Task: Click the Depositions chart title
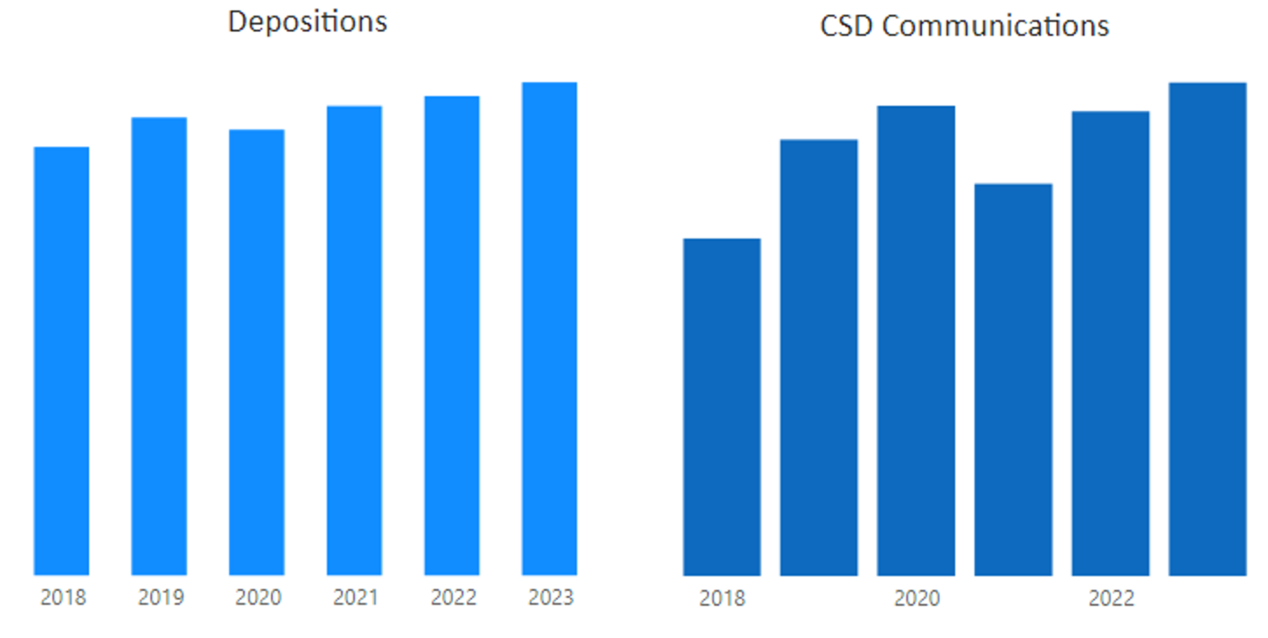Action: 307,21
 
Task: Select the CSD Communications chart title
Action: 964,26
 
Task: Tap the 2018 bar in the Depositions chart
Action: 62,361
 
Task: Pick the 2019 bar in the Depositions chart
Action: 159,346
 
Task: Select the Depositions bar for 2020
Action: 257,352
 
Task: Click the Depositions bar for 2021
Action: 354,340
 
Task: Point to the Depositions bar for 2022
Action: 452,335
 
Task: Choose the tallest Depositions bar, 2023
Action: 549,328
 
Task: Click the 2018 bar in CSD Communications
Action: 722,407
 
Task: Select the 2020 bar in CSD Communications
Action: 916,340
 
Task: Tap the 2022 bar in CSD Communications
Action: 1110,343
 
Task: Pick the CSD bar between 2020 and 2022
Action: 1013,380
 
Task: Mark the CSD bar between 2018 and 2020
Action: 819,357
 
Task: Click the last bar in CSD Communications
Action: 1208,328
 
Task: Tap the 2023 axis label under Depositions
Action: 551,597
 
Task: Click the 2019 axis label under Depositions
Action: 160,597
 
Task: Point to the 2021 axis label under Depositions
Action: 356,597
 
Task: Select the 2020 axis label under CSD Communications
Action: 916,598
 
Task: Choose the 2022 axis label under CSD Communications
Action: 1111,598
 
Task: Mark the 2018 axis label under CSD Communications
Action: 722,598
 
